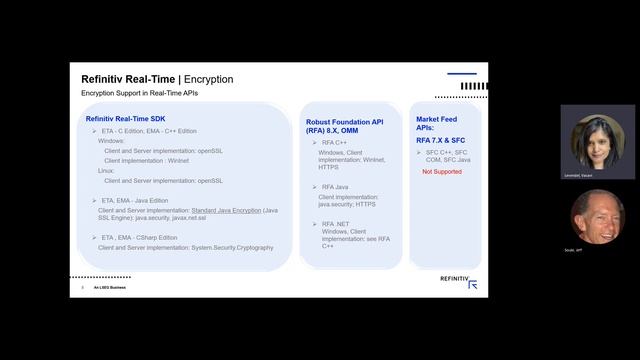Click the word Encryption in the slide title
(209, 79)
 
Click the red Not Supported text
(441, 172)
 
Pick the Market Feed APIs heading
(437, 123)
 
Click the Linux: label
(107, 170)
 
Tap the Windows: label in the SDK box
(111, 141)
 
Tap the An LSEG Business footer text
(109, 287)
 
